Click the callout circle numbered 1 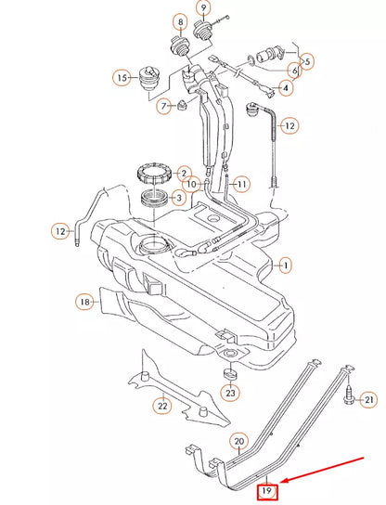[286, 265]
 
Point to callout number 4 [285, 88]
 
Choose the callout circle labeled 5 [307, 61]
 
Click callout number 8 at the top [179, 21]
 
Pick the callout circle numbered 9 [204, 10]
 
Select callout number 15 [122, 78]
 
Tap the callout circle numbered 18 [84, 302]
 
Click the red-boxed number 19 [267, 490]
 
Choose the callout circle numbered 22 [161, 404]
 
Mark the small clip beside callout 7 [182, 105]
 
